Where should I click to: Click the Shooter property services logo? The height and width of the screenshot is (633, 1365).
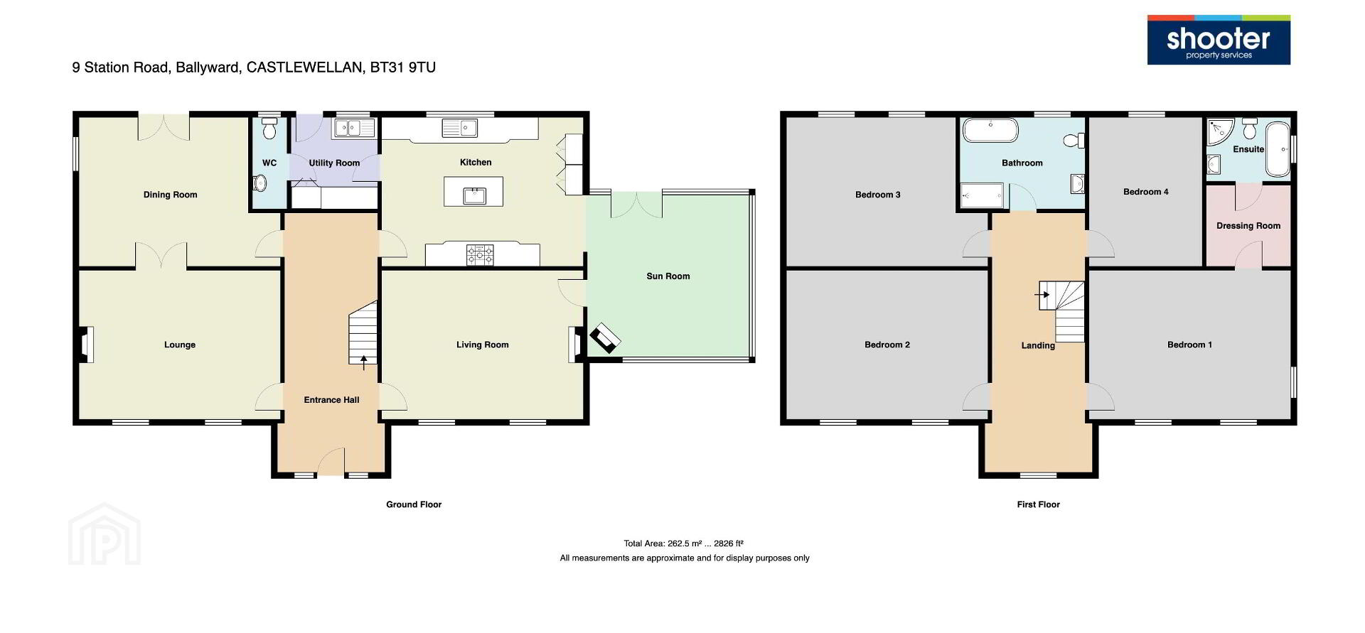(x=1219, y=40)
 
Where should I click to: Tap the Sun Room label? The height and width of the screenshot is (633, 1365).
(x=668, y=276)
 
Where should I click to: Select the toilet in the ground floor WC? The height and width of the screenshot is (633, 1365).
(x=269, y=128)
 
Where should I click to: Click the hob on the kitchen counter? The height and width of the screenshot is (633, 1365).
(x=480, y=254)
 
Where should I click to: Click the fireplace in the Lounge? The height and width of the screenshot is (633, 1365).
(x=86, y=345)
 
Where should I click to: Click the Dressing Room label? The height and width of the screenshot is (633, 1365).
(x=1248, y=226)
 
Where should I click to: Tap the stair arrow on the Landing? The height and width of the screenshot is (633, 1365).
(x=1042, y=294)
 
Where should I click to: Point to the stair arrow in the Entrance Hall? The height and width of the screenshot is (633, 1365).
(x=365, y=362)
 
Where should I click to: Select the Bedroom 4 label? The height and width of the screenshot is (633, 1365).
(x=1146, y=192)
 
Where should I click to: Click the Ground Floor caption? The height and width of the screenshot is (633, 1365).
(x=414, y=504)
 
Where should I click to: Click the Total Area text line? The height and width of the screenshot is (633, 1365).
(x=684, y=543)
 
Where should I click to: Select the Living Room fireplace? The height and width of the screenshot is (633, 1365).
(x=575, y=345)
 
